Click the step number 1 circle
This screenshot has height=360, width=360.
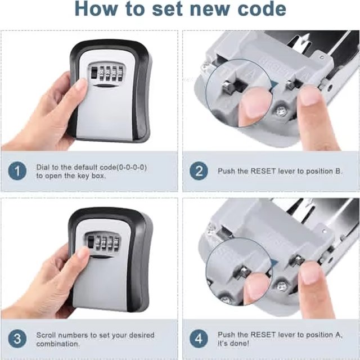coord(18,171)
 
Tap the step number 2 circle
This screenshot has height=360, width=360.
coord(198,170)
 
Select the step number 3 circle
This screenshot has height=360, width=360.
coord(18,339)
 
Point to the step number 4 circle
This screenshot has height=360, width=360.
coord(198,339)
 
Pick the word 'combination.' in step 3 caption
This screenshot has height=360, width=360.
coord(58,343)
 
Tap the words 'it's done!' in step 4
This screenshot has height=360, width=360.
coord(233,343)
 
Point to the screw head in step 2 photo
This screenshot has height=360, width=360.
coord(280,111)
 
